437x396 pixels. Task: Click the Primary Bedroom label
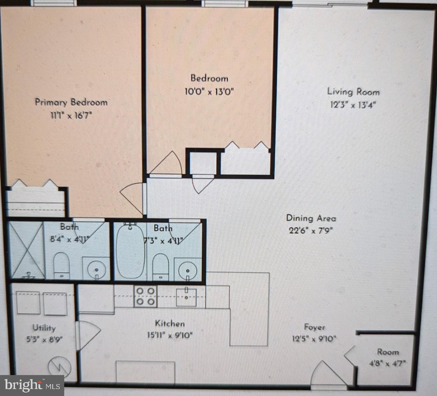click(x=71, y=102)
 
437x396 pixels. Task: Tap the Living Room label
click(x=353, y=92)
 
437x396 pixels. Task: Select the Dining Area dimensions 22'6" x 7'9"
click(x=311, y=231)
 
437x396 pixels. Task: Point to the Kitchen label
click(x=170, y=323)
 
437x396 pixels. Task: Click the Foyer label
click(x=314, y=327)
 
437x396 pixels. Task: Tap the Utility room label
click(x=44, y=328)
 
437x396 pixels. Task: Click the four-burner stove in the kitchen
click(x=146, y=296)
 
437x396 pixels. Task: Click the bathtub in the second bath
click(x=130, y=252)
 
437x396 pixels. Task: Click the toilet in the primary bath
click(x=62, y=265)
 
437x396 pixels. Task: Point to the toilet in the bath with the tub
click(x=161, y=266)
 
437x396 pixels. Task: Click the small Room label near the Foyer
click(x=387, y=352)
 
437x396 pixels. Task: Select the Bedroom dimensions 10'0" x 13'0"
click(x=209, y=92)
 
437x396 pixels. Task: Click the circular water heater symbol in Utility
click(x=60, y=366)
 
